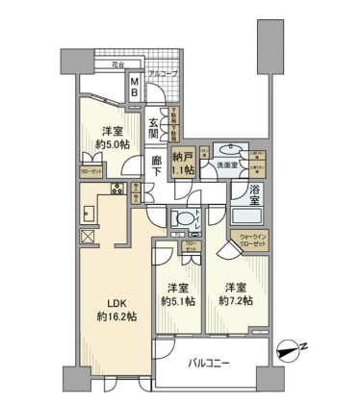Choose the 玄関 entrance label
coord(156,123)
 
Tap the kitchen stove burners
coord(117,189)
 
